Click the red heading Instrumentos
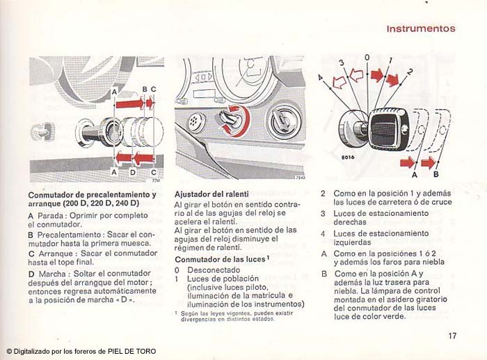(x=421, y=29)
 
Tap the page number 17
(x=452, y=336)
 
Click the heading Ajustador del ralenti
(x=211, y=194)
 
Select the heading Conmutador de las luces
(x=221, y=259)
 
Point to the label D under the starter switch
(x=133, y=172)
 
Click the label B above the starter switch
(x=145, y=90)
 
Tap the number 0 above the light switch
(x=367, y=58)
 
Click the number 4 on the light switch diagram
(x=321, y=77)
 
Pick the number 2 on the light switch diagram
(x=410, y=72)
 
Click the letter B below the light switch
(x=436, y=174)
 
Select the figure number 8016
(x=348, y=157)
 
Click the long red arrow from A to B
(x=130, y=103)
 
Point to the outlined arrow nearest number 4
(x=340, y=82)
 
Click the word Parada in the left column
(x=50, y=215)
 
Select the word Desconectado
(x=214, y=270)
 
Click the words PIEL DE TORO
(x=132, y=351)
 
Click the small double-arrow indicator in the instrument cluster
(x=204, y=77)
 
